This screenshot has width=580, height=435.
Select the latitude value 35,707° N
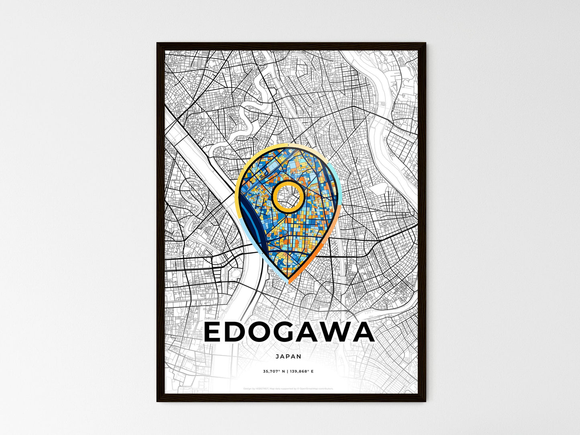pos(274,372)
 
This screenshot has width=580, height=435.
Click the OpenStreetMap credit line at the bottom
pos(289,388)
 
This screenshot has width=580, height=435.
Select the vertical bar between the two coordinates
pos(287,372)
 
